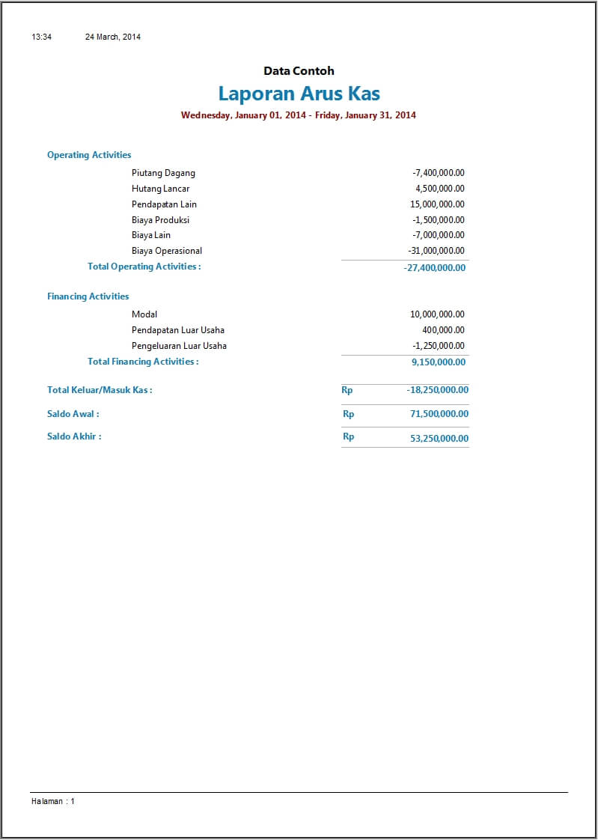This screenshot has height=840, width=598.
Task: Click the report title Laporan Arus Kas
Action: [x=299, y=94]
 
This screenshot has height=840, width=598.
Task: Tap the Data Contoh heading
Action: [x=299, y=71]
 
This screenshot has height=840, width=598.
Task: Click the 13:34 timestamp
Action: [x=41, y=37]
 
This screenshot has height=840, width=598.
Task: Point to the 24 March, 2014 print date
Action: [x=113, y=37]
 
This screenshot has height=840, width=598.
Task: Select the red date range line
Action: [x=299, y=115]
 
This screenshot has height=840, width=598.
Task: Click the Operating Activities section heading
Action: [x=89, y=155]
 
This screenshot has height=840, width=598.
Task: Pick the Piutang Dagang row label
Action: [x=163, y=173]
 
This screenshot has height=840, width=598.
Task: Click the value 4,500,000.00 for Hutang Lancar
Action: [x=440, y=189]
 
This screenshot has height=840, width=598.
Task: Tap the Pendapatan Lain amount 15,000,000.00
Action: [x=437, y=204]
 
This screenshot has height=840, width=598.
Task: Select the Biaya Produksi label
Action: [x=160, y=220]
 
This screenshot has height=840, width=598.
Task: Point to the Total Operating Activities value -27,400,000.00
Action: [x=434, y=267]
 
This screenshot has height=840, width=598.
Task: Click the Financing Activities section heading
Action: [x=88, y=296]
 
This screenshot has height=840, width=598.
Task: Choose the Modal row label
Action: [x=144, y=314]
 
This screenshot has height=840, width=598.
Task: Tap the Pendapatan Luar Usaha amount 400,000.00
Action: [x=443, y=330]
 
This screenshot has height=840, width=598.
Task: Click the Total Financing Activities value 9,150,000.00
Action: [x=439, y=362]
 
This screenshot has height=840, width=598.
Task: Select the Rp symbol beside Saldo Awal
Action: [x=348, y=414]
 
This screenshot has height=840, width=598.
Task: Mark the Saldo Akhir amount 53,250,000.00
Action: [x=439, y=439]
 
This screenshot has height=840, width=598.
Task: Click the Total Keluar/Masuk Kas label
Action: [x=100, y=390]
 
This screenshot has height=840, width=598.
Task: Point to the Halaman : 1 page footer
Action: [x=53, y=801]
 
